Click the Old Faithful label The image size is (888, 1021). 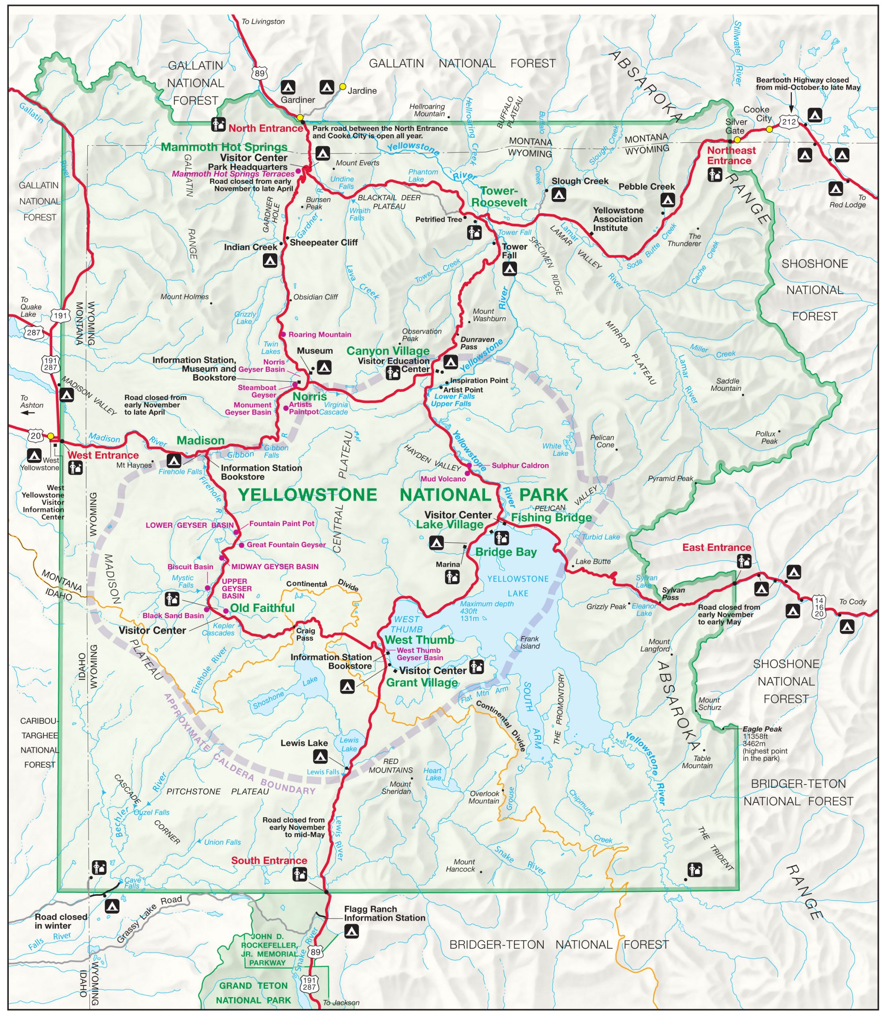[262, 608]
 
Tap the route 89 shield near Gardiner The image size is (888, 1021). [260, 73]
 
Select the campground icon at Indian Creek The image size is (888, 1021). [270, 260]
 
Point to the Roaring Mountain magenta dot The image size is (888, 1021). [283, 334]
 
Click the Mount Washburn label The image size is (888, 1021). [489, 315]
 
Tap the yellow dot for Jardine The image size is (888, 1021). [342, 87]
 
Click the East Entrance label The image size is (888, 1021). [716, 548]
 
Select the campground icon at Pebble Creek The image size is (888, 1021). [667, 200]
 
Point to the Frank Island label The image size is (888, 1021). [530, 643]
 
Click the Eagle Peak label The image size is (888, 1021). [762, 729]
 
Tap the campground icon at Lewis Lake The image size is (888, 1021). [320, 757]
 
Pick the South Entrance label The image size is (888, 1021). [269, 861]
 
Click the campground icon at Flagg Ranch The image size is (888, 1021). [351, 932]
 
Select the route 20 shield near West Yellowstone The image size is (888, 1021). [36, 436]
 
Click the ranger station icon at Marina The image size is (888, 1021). [452, 577]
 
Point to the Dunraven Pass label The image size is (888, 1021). [477, 343]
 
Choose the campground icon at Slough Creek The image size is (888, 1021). [558, 195]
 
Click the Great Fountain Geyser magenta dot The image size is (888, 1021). [241, 545]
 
